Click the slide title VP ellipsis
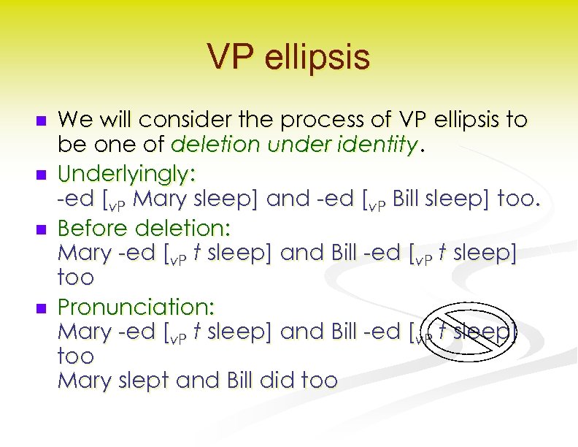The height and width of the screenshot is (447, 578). [x=288, y=58]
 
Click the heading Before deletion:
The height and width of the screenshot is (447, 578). [x=144, y=228]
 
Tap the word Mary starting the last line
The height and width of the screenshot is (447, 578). [x=82, y=381]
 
